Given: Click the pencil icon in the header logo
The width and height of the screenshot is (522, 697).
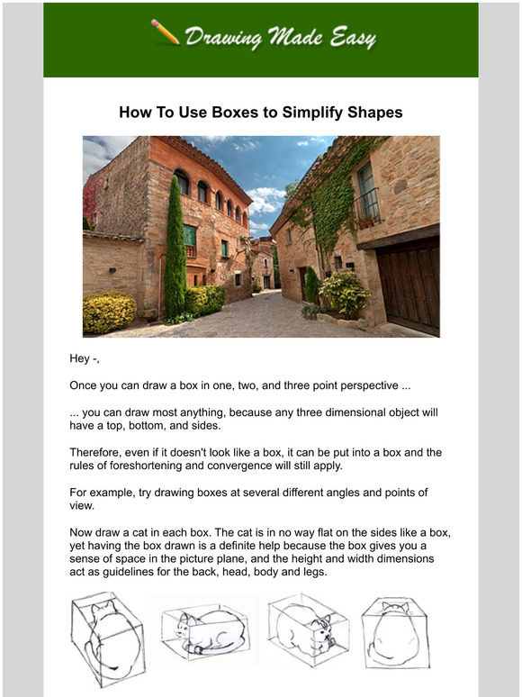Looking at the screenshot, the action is pyautogui.click(x=166, y=32).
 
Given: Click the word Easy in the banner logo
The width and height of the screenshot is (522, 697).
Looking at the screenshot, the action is pyautogui.click(x=348, y=37).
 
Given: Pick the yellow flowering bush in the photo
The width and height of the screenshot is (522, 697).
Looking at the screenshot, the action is pyautogui.click(x=109, y=312).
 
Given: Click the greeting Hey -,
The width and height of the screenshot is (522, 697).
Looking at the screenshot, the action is pyautogui.click(x=85, y=359).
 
